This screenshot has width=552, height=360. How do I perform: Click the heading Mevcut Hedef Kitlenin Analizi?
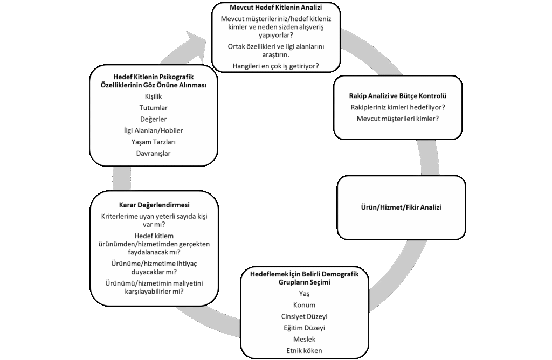275,9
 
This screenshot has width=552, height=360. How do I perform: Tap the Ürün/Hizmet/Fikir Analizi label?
401,207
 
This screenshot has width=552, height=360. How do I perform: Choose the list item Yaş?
304,294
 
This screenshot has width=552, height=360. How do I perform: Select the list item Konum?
304,305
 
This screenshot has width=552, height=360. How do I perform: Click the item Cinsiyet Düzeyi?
304,316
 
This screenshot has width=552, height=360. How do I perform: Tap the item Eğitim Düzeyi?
304,328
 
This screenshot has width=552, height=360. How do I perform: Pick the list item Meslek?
304,340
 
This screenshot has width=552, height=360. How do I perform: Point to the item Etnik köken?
304,351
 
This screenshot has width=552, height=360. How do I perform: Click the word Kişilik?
153,96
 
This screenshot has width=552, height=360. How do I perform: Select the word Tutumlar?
153,108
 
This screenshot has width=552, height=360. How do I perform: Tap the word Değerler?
153,119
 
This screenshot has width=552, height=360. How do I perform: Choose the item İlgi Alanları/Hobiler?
153,130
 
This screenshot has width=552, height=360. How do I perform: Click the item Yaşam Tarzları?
153,142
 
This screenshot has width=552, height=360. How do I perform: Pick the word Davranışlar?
153,153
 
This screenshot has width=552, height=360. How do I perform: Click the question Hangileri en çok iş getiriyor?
275,66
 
